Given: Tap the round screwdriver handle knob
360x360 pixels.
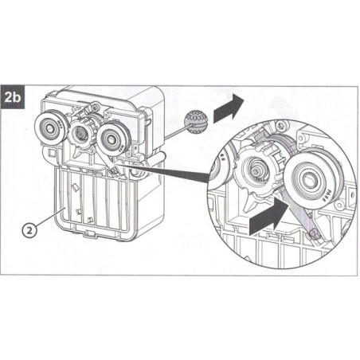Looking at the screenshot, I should point(194,120).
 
